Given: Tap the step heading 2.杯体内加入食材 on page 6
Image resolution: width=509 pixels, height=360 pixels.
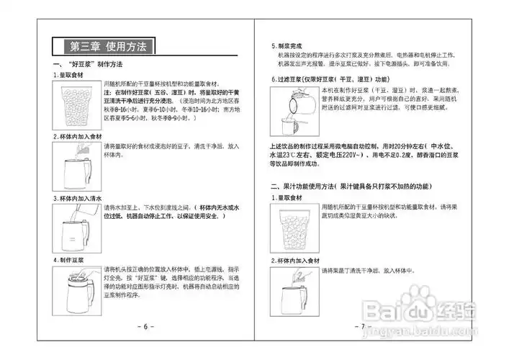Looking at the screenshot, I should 81,136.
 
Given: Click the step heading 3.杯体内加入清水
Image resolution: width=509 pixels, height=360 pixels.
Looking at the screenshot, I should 81,197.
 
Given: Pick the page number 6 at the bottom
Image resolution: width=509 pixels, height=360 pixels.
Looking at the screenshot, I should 145,326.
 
